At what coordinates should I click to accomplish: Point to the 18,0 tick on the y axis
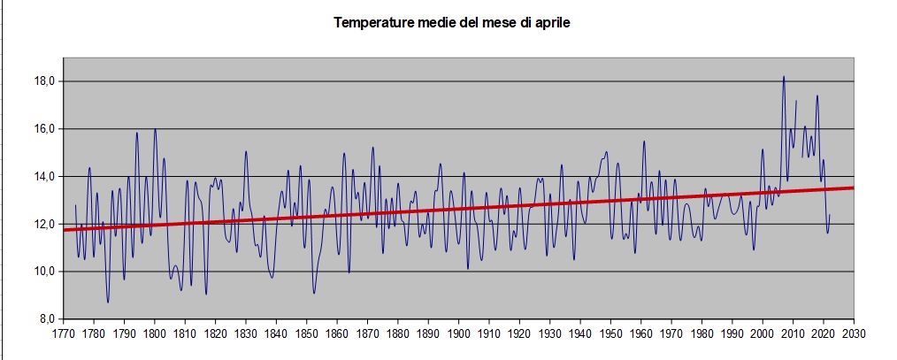click(45, 81)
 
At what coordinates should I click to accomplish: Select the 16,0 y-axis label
click(45, 129)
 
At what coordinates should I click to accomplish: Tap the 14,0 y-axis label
click(45, 177)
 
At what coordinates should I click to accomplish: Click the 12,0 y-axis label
click(45, 224)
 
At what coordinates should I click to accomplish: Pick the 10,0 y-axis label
click(45, 272)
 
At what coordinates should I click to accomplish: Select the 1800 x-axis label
click(155, 333)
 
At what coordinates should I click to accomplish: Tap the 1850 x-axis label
click(307, 333)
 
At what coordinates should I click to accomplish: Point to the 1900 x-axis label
click(459, 333)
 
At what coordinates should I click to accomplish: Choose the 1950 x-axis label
click(611, 333)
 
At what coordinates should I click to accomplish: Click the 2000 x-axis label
click(763, 333)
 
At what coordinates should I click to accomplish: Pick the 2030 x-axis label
click(854, 333)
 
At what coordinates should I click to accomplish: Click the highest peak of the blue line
click(784, 77)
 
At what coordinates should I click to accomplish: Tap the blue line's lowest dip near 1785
click(108, 302)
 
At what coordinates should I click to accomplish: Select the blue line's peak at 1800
click(155, 129)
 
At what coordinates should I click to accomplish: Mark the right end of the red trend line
click(853, 188)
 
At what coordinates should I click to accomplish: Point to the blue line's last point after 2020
click(830, 214)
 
